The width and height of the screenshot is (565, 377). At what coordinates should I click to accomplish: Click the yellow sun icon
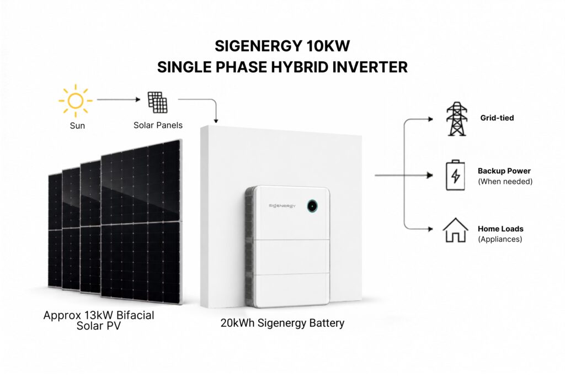(76, 100)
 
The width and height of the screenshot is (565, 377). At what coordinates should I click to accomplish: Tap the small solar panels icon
(157, 102)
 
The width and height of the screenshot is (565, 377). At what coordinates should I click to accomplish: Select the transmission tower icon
(456, 119)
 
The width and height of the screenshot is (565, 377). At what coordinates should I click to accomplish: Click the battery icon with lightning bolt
(455, 175)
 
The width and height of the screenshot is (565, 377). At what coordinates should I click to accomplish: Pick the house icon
(455, 230)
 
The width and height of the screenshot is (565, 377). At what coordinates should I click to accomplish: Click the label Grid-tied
(497, 118)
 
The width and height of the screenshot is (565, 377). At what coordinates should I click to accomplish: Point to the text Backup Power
(504, 171)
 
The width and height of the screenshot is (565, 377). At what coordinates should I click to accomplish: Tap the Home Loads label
(500, 229)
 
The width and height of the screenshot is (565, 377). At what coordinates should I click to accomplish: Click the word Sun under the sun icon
(77, 126)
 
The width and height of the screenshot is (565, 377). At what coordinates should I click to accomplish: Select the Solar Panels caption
(158, 125)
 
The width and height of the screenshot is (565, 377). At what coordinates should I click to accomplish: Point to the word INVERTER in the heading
(370, 67)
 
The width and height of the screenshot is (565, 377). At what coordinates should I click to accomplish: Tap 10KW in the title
(328, 46)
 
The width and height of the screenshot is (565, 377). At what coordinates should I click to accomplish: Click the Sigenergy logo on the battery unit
(282, 206)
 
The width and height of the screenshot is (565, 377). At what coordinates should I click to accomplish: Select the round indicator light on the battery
(312, 206)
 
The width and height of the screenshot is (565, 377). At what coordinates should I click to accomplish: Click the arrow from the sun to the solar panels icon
(119, 99)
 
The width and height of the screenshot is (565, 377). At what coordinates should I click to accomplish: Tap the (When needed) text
(505, 181)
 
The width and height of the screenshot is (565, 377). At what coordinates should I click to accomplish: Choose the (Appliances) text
(500, 239)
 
